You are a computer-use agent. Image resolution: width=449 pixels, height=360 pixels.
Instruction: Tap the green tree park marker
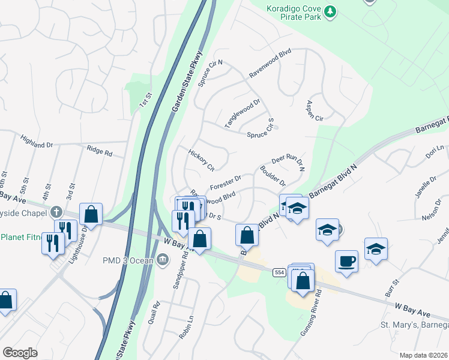330,11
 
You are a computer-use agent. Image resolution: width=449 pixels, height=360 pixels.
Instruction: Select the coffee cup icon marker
346,260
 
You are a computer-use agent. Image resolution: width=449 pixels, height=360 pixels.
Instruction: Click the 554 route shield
278,256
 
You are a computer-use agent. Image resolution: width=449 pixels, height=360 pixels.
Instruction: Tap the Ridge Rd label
100,151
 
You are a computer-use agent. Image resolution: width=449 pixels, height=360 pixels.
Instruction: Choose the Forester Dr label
225,182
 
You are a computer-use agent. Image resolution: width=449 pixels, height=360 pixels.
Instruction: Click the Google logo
20,353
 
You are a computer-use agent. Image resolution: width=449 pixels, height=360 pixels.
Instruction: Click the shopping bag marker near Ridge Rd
91,214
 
